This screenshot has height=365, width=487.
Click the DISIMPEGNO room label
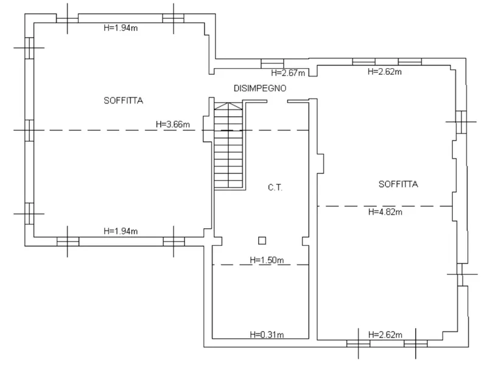260,88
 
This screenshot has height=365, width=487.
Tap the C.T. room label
275,187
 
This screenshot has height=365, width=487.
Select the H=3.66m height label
173,125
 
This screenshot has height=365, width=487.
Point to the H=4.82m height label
385,212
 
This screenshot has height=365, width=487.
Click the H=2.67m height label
288,73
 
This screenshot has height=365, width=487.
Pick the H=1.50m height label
267,260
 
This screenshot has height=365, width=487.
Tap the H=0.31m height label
267,335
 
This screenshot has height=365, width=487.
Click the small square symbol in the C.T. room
262,240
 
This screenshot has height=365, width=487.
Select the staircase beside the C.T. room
228,145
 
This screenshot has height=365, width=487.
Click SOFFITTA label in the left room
124,100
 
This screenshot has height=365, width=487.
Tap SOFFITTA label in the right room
398,184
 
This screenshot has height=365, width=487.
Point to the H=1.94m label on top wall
121,28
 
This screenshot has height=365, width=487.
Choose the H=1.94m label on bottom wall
121,231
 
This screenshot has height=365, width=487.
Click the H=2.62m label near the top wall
385,72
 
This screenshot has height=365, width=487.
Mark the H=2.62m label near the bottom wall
385,335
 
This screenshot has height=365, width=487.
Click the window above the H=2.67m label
272,63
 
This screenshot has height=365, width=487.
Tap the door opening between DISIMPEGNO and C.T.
277,101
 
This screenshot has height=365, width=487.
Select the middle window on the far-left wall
29,130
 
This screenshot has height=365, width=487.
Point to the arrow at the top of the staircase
228,106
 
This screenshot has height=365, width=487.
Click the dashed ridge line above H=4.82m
385,206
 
